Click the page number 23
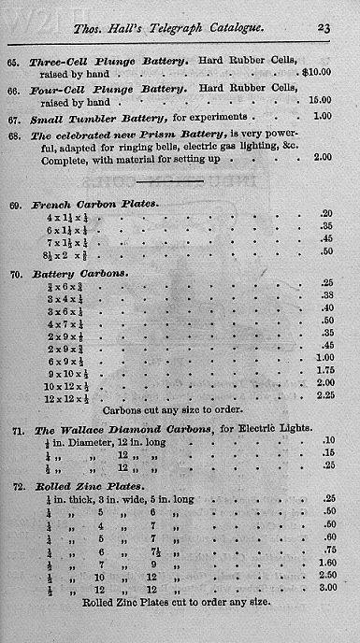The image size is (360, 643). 324,28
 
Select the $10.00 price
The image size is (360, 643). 318,70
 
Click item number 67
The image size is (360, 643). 15,117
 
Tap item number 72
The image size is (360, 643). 15,487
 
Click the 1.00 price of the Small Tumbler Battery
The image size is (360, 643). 323,117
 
